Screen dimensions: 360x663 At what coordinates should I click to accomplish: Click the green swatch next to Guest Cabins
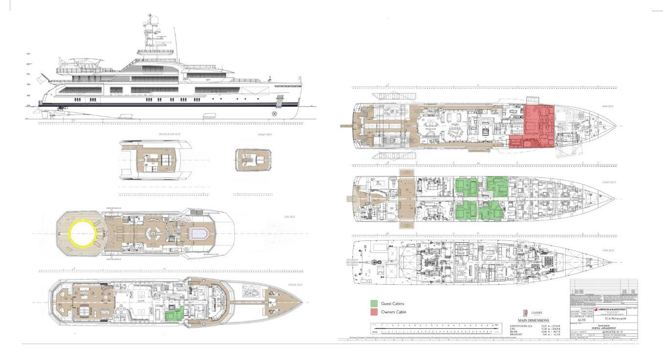click(374, 304)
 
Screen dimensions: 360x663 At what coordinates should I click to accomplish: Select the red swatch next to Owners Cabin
click(374, 312)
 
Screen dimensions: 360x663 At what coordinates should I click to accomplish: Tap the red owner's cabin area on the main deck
click(535, 125)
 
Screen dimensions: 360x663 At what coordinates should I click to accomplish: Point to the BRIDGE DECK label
click(295, 285)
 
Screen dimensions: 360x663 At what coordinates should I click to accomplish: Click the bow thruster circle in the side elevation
click(274, 114)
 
